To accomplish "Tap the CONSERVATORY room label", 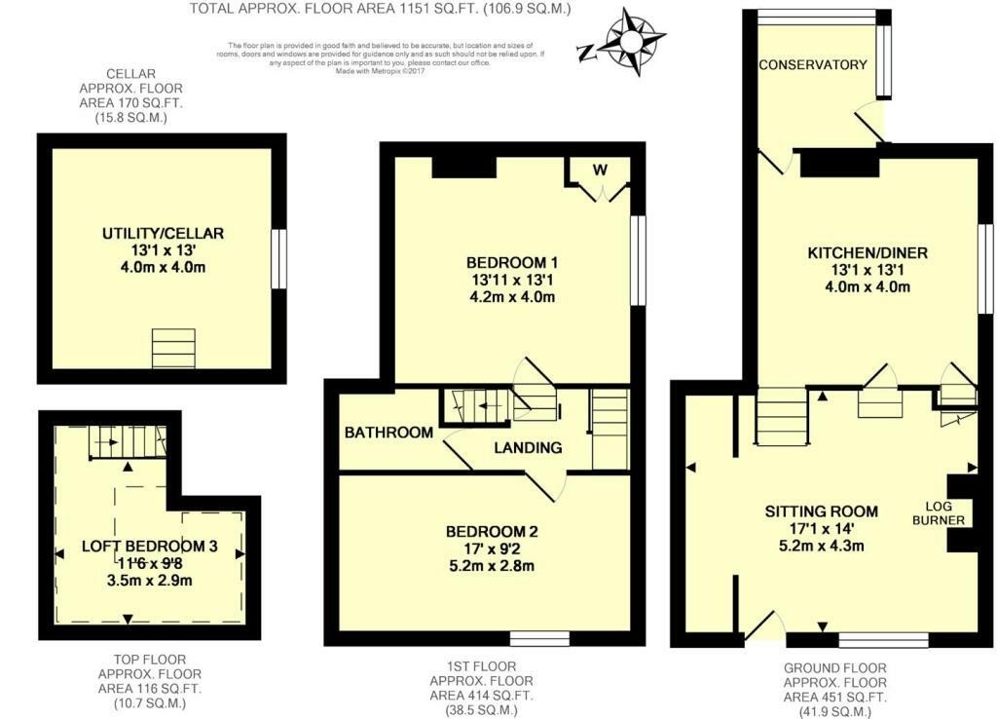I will pyautogui.click(x=813, y=65).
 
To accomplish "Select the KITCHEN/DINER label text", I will pyautogui.click(x=867, y=253).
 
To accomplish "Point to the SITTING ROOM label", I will pyautogui.click(x=821, y=511).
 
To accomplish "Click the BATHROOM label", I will pyautogui.click(x=388, y=433).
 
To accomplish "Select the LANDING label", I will pyautogui.click(x=528, y=448).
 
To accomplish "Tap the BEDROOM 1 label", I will pyautogui.click(x=511, y=263).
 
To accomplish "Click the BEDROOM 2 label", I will pyautogui.click(x=492, y=532).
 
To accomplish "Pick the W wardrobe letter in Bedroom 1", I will pyautogui.click(x=601, y=170).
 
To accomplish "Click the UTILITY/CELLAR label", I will pyautogui.click(x=164, y=234).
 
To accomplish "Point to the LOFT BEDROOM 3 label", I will pyautogui.click(x=149, y=547).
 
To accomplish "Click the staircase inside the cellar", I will pyautogui.click(x=173, y=348).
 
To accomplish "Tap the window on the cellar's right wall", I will pyautogui.click(x=279, y=259).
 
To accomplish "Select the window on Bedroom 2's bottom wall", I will pyautogui.click(x=539, y=638).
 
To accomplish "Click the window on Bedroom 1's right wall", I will pyautogui.click(x=639, y=260).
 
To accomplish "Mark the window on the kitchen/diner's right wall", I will pyautogui.click(x=985, y=269).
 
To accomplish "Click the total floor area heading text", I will pyautogui.click(x=380, y=9).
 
